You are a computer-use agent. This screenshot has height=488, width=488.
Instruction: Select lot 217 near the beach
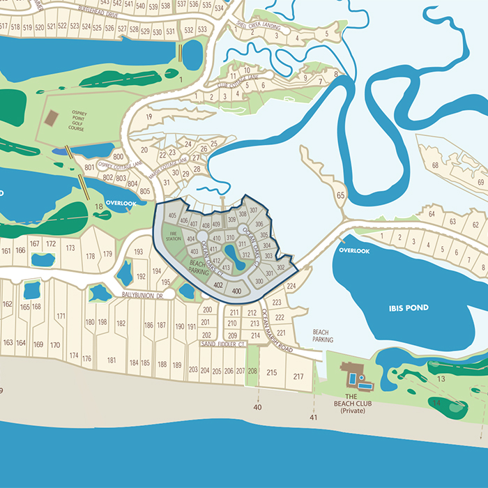(x=298, y=376)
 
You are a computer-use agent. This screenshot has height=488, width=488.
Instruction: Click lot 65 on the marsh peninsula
(x=341, y=196)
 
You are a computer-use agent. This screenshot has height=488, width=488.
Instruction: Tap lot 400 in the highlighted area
(x=236, y=291)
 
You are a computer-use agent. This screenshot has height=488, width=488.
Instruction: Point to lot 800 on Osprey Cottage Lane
(x=118, y=157)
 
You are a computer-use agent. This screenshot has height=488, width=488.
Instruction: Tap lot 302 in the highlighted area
(x=280, y=268)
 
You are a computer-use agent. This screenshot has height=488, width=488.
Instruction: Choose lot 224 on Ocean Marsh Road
(x=291, y=287)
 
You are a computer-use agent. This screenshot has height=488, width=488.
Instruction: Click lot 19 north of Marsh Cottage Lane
(x=148, y=116)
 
